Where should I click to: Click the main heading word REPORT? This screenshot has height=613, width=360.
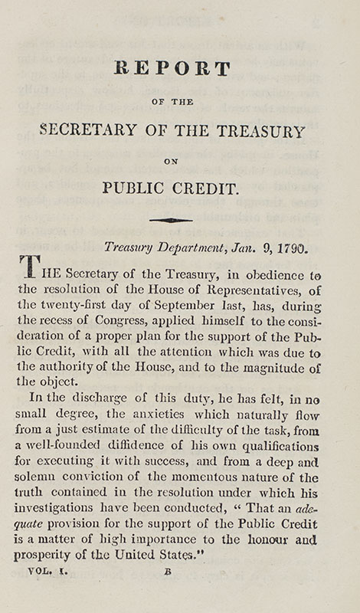point(172,69)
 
